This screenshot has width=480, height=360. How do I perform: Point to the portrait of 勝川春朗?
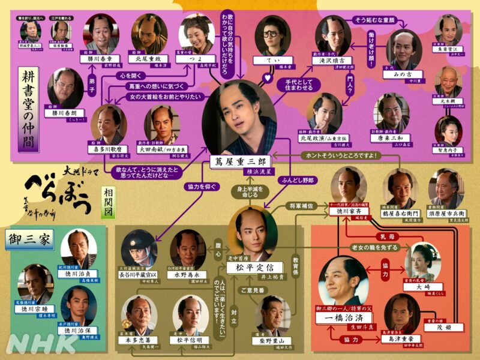[65, 89]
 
